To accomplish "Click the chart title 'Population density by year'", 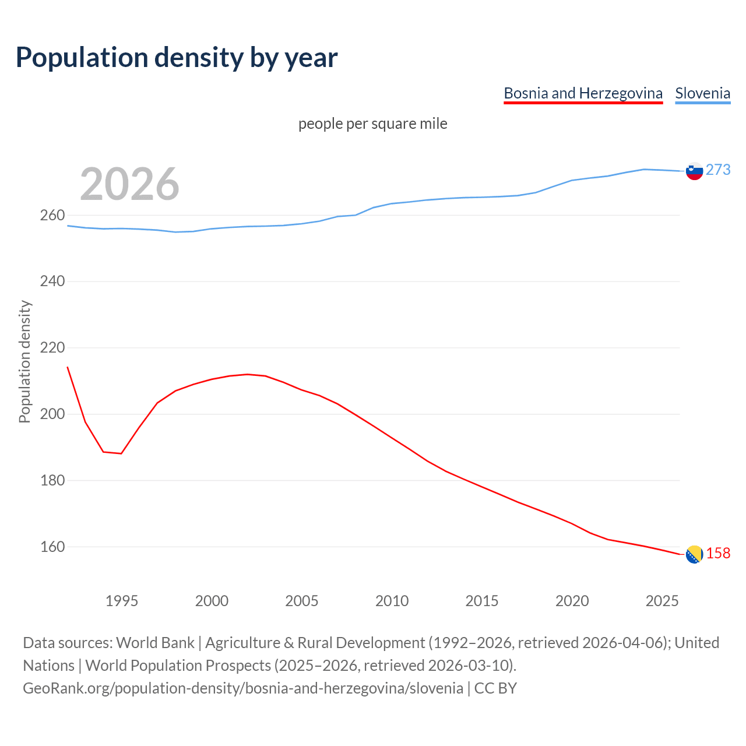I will (x=177, y=57).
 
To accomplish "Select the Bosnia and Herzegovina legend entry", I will (x=583, y=93).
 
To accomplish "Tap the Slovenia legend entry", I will (x=702, y=93).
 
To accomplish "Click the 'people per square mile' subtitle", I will (x=373, y=124).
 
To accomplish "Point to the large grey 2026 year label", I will (x=129, y=184).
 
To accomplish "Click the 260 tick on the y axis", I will (x=52, y=216).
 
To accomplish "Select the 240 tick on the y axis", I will (x=52, y=281).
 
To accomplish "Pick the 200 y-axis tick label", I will (x=52, y=414).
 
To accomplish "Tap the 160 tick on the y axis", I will (x=52, y=547).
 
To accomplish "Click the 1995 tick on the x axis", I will (x=122, y=601).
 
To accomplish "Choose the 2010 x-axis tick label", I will (x=392, y=601).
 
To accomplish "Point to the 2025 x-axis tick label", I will (x=662, y=601).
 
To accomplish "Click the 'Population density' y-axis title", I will (x=24, y=361).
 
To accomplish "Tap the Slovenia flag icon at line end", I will (x=694, y=171).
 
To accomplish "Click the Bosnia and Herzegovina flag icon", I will (x=694, y=555).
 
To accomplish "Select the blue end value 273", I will (x=718, y=170).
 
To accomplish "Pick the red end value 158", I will (x=718, y=553).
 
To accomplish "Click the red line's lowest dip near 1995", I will (x=121, y=453).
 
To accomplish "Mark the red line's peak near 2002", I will (x=248, y=374).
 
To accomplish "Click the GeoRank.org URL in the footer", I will (x=243, y=688).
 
